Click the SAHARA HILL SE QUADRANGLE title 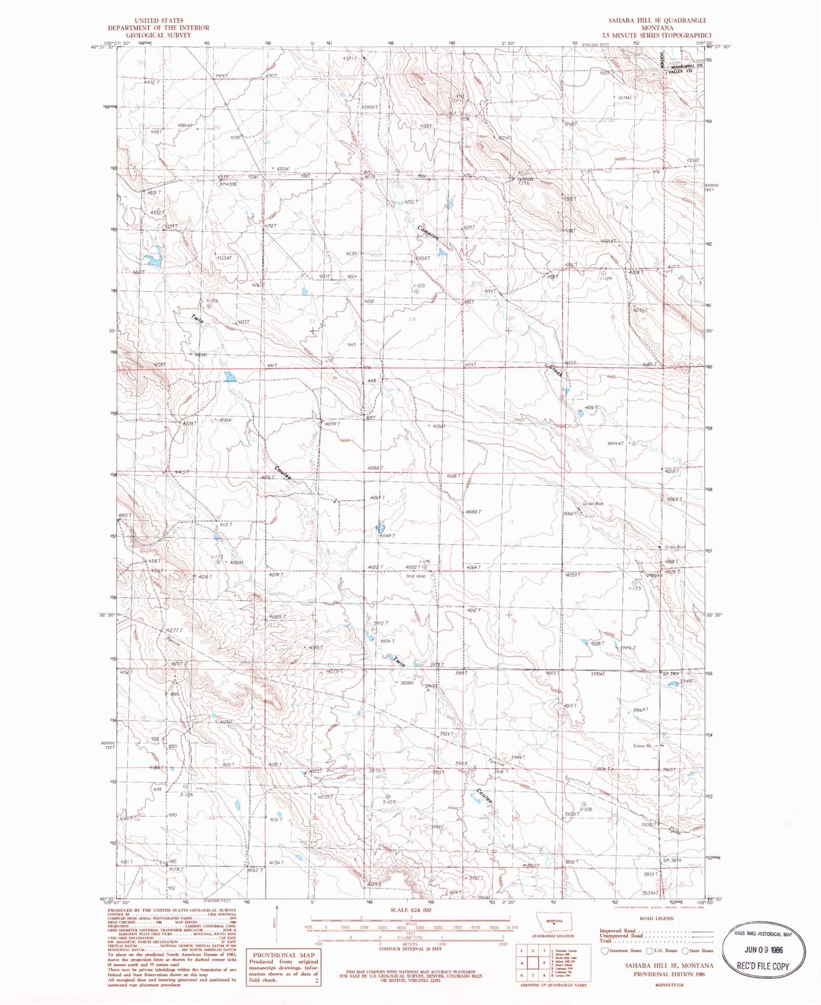tap(658, 20)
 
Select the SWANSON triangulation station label tap(525, 178)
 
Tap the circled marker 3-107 tap(388, 797)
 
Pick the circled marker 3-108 tap(582, 802)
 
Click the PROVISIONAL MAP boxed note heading tap(283, 955)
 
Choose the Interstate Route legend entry tap(621, 950)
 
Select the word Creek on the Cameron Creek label tap(556, 372)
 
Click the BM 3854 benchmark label tap(672, 860)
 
